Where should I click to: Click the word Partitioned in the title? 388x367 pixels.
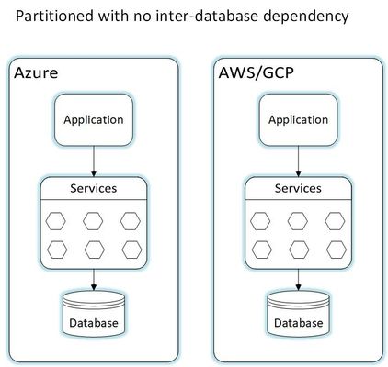pos(54,16)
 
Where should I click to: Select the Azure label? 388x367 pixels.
pos(36,73)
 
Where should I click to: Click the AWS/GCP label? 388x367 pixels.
pos(256,73)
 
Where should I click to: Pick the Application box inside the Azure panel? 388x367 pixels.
pos(94,119)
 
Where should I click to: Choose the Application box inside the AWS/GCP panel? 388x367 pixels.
pos(298,119)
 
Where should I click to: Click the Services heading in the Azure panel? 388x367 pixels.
pos(94,188)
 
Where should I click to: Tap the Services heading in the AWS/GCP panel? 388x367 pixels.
pos(298,188)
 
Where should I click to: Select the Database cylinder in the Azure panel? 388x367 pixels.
pos(94,314)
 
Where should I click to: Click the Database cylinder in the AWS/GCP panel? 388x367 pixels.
pos(298,314)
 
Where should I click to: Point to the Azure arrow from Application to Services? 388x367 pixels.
pos(94,161)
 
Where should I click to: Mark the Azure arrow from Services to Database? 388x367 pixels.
pos(94,280)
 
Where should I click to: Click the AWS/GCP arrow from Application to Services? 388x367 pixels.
pos(298,161)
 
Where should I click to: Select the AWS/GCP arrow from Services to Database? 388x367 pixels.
pos(298,280)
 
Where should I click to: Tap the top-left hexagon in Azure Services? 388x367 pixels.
pos(55,221)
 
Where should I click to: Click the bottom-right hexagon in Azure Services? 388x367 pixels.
pos(131,250)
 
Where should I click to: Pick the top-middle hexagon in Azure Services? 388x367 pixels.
pos(93,221)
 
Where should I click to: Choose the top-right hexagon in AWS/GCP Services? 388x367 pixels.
pos(335,221)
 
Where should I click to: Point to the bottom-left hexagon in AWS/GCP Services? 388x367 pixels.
pos(261,250)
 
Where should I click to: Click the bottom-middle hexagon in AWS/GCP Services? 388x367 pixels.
pos(299,250)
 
